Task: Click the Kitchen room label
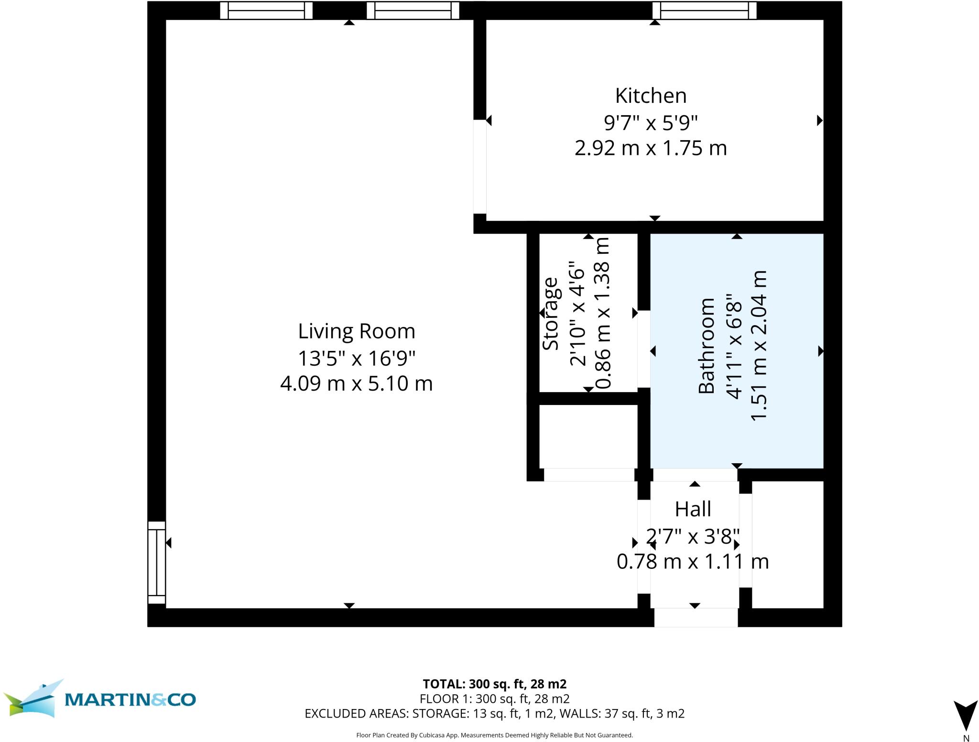coord(651,96)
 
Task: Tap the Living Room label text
coord(357,331)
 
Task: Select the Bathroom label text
coord(706,346)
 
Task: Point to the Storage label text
coord(551,314)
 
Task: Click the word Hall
coord(693,509)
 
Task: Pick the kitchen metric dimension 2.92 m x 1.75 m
coord(651,148)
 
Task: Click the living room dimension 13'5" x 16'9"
coord(357,358)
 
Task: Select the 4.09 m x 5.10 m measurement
coord(357,383)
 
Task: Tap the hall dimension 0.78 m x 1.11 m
coord(693,561)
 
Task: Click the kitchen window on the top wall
coord(705,10)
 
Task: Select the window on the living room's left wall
coord(156,563)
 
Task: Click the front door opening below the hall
coord(696,617)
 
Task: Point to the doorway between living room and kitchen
coord(479,166)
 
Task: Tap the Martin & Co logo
coord(99,698)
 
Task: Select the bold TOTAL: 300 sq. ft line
coord(495,684)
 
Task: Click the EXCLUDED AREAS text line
coord(495,713)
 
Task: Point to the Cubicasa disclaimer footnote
coord(495,735)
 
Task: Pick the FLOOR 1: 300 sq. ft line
coord(495,699)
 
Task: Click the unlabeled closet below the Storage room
coord(588,436)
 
